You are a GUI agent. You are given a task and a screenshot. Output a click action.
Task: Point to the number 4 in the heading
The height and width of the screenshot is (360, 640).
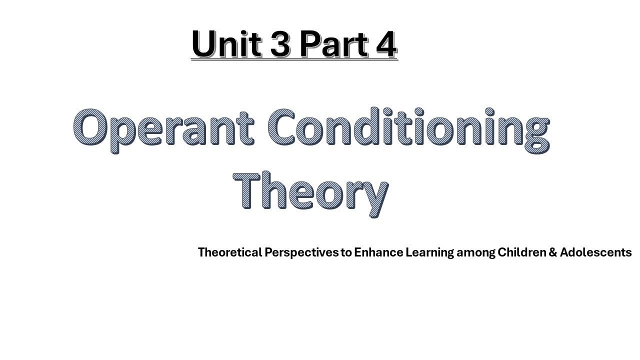tap(384, 44)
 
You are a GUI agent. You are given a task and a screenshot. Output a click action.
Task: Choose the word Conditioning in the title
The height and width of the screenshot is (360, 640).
tap(407, 129)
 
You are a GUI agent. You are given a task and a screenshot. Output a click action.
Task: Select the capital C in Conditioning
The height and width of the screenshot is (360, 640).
tap(284, 127)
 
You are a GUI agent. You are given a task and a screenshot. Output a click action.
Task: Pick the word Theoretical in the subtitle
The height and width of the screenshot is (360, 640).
tap(230, 252)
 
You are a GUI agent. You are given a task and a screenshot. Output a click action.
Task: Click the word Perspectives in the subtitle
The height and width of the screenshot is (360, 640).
tap(301, 252)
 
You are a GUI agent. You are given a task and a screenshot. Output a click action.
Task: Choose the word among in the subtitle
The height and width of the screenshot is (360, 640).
tap(476, 252)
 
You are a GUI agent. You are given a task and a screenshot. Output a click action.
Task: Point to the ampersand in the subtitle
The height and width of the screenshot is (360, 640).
tap(553, 252)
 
